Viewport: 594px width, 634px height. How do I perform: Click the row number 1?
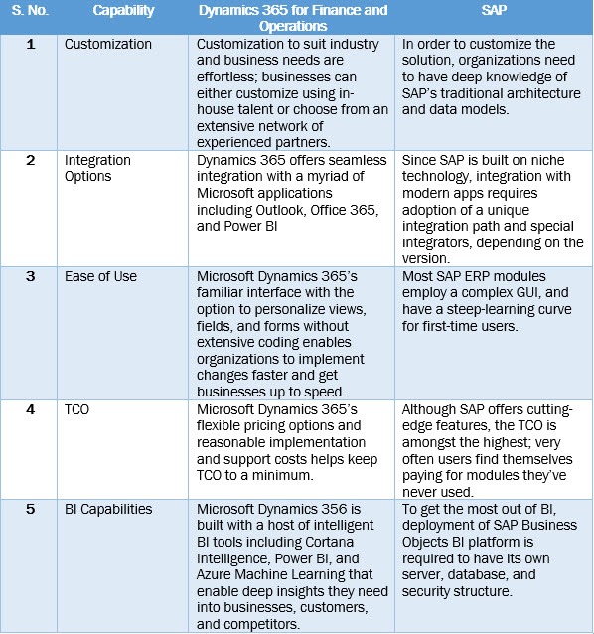tap(31, 45)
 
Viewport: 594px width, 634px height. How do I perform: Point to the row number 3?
tap(31, 276)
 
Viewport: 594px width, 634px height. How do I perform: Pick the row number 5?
tap(31, 509)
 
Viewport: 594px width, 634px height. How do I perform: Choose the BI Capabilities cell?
tap(108, 509)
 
